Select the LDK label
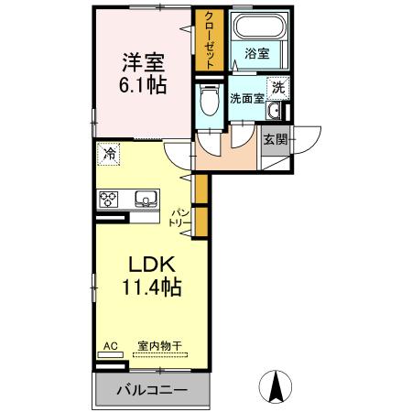point(147,266)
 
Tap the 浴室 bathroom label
point(256,54)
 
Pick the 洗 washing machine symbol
point(279,89)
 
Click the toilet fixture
point(208,101)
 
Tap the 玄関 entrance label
point(275,139)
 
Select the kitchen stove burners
point(110,199)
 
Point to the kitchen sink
point(146,198)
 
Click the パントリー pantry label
point(179,218)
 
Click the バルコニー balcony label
point(152,391)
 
